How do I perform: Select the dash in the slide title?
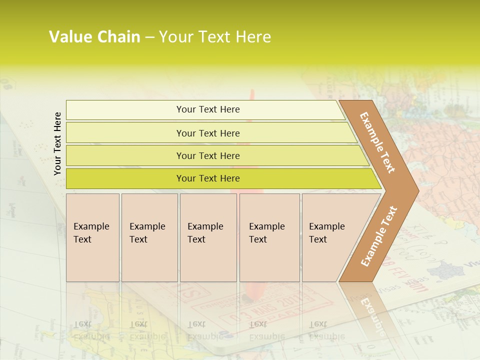[x=149, y=37]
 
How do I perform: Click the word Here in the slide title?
[x=253, y=37]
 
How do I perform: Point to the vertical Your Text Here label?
[x=57, y=143]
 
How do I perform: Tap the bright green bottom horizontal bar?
[x=125, y=178]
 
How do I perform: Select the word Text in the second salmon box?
[x=138, y=239]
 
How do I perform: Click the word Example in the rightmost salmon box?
[x=326, y=226]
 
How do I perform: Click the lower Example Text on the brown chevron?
[x=379, y=236]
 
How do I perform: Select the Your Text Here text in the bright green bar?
[x=208, y=178]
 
